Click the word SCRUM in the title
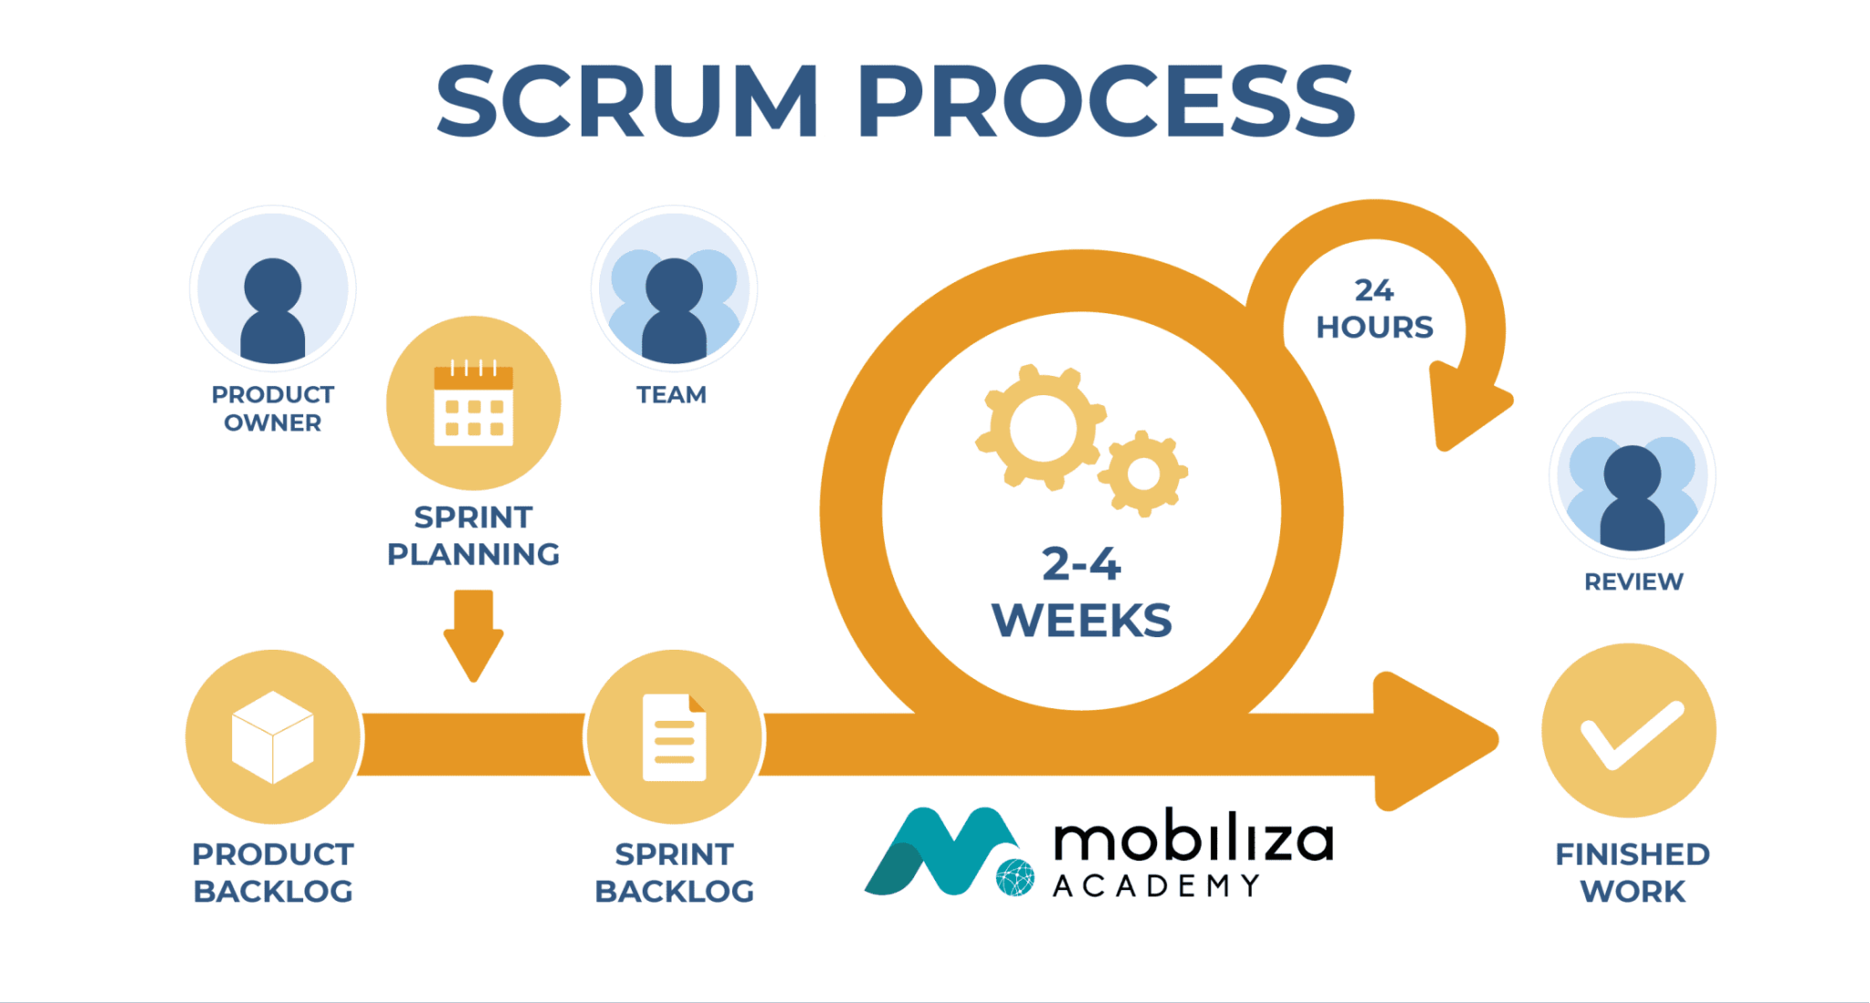[628, 102]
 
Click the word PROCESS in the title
[1106, 102]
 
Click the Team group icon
[674, 290]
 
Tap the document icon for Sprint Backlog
[674, 737]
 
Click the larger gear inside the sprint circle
[1041, 427]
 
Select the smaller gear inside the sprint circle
[1143, 474]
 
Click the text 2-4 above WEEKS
[1081, 564]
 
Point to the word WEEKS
[1081, 622]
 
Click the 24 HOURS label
[1374, 309]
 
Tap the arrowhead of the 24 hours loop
[1461, 406]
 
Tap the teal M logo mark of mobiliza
[940, 851]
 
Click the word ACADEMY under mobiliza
[1156, 886]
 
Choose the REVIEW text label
[1633, 582]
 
